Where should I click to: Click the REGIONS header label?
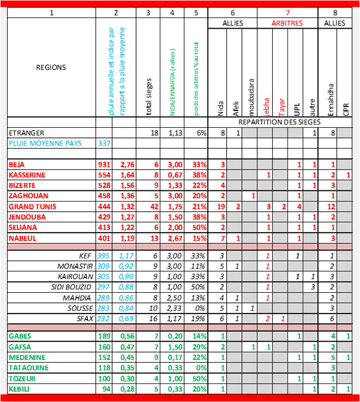[51, 67]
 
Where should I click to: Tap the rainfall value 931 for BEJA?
[104, 164]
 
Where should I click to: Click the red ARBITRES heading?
[287, 23]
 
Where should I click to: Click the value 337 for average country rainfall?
[104, 143]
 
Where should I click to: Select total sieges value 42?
[148, 207]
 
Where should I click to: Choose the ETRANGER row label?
[27, 132]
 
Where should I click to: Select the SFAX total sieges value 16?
[148, 318]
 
